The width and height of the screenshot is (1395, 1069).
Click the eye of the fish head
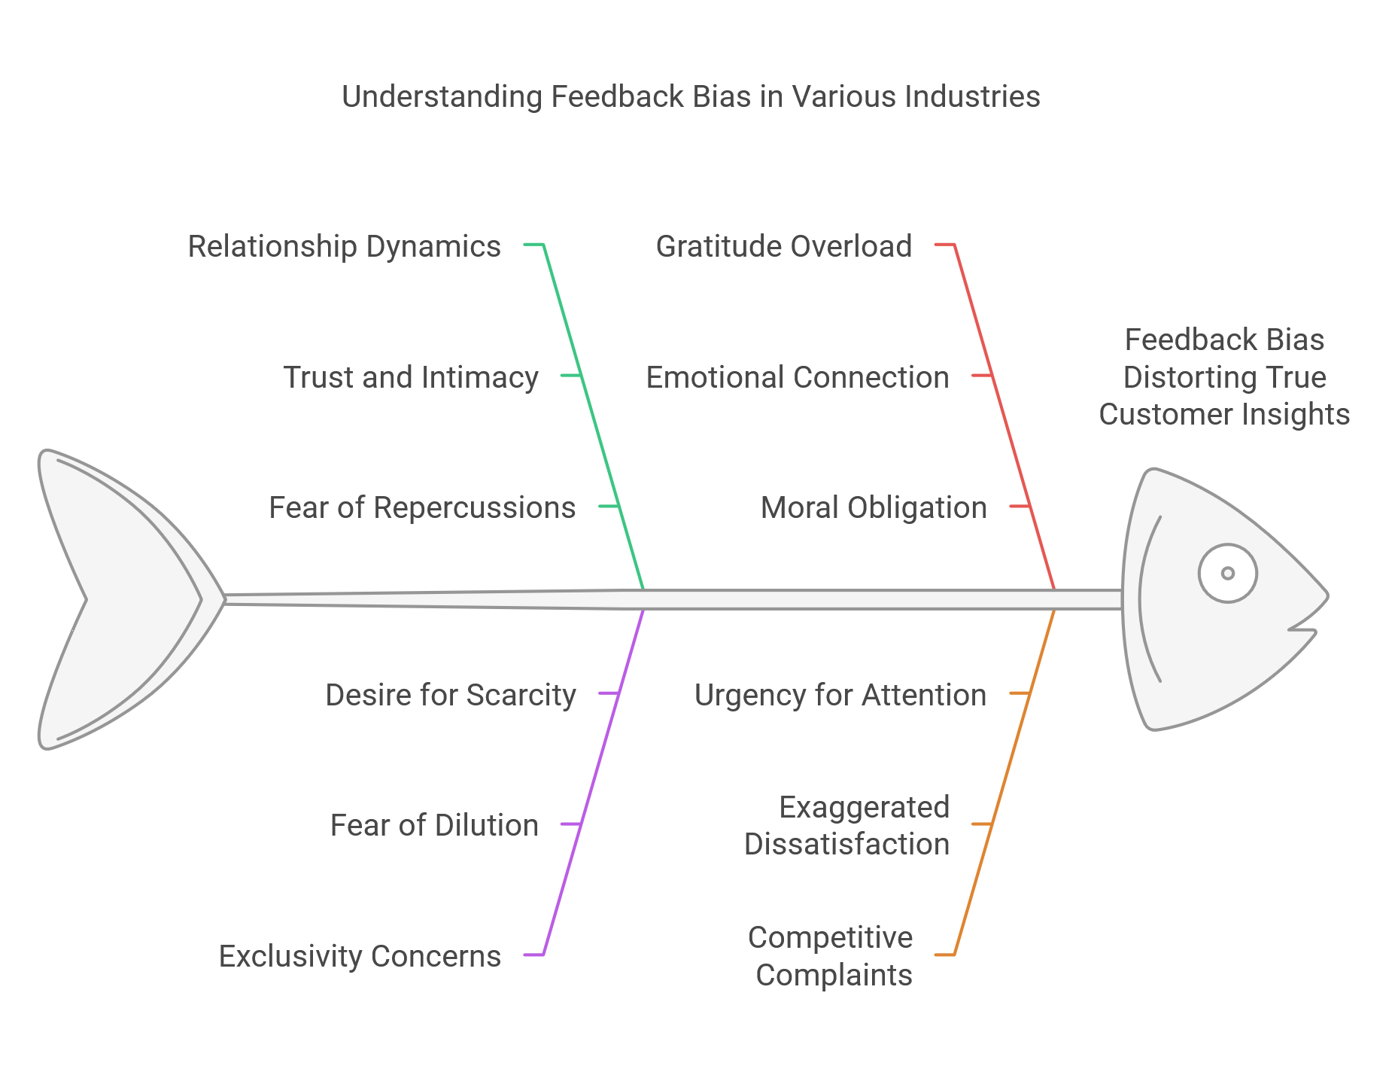coord(1227,573)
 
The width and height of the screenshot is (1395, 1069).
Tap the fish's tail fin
coord(113,599)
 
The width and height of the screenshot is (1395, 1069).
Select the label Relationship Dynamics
coord(344,246)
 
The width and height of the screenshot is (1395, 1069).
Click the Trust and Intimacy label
coord(411,376)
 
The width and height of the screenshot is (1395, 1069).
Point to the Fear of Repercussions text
coord(422,507)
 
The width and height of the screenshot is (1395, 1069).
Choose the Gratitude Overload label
coord(784,246)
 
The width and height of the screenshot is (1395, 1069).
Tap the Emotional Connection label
coord(798,376)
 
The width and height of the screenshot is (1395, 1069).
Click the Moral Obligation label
coord(874,507)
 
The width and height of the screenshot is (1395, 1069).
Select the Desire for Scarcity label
coord(451,694)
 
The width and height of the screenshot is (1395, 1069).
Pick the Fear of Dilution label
coord(434,824)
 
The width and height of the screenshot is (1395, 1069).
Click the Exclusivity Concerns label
coord(360,955)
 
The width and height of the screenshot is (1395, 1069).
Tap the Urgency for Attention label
coord(840,694)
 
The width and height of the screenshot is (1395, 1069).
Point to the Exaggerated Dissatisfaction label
coord(847,825)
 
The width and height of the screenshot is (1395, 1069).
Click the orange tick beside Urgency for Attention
coord(1020,693)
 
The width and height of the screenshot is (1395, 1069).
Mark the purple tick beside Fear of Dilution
coord(571,824)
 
